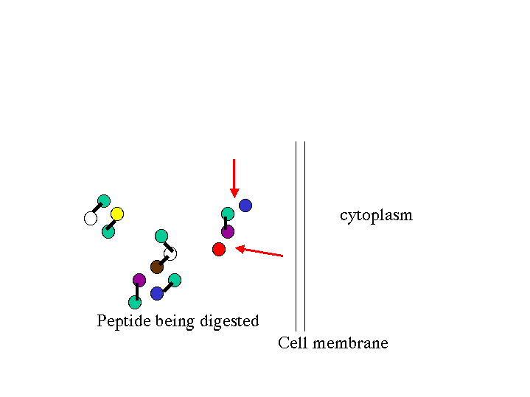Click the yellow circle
click(x=117, y=214)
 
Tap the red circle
click(x=219, y=249)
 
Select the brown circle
click(x=157, y=267)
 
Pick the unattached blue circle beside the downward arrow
click(x=245, y=205)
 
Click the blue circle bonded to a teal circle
click(x=157, y=293)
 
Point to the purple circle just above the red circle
click(x=228, y=232)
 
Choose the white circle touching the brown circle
click(x=171, y=254)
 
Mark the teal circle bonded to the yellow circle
click(x=108, y=231)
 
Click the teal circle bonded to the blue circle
click(x=175, y=280)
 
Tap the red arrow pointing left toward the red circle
click(x=259, y=252)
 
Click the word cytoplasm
click(x=376, y=216)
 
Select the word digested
click(x=233, y=322)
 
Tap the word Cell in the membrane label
click(x=292, y=343)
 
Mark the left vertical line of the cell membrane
click(x=296, y=236)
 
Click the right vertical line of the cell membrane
click(x=304, y=236)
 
